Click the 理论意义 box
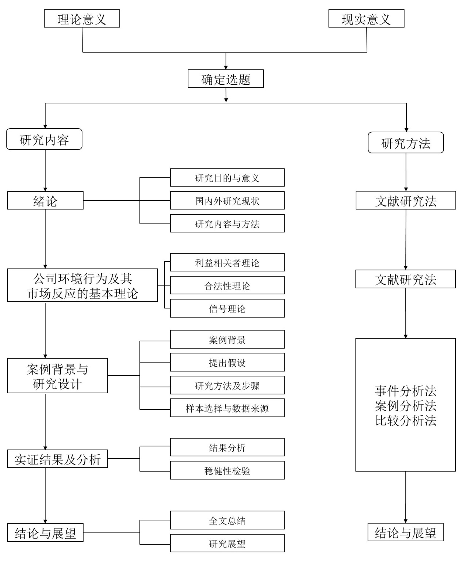(82, 19)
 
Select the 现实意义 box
(366, 19)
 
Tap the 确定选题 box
(226, 79)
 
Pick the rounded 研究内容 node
(44, 139)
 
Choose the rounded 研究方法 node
(405, 143)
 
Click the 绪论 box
(45, 201)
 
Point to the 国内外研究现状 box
(227, 201)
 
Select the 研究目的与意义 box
(227, 178)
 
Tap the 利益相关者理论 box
(227, 262)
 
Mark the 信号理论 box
(227, 308)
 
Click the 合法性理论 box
(227, 285)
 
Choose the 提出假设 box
(227, 362)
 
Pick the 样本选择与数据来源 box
(227, 408)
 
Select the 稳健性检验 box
(227, 470)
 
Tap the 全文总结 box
(227, 520)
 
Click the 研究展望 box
(227, 543)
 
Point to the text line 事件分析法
(405, 391)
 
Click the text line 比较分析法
(405, 420)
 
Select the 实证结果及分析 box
(57, 459)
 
